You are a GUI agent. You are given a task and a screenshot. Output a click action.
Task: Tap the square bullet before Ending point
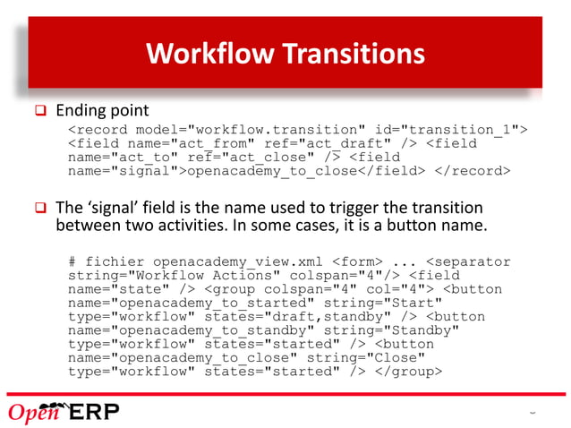pos(39,112)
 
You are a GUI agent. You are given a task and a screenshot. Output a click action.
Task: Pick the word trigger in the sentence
pos(398,206)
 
